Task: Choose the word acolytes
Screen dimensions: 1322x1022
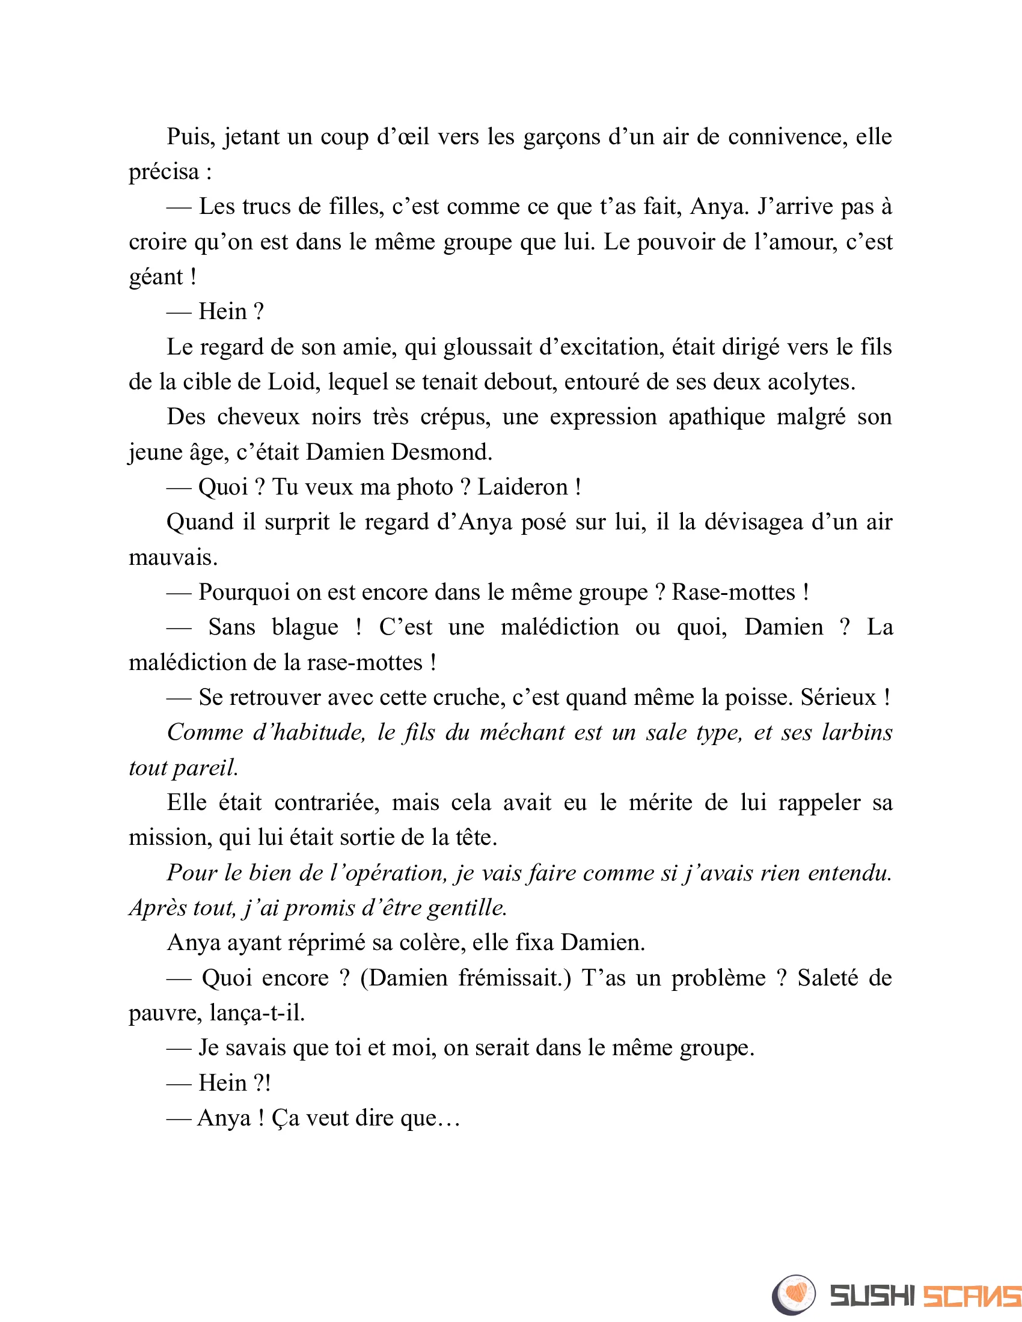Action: tap(812, 383)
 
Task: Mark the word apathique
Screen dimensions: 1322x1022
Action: tap(716, 418)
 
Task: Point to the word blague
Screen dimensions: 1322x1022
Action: tap(305, 628)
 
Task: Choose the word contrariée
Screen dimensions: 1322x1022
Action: tap(327, 803)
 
